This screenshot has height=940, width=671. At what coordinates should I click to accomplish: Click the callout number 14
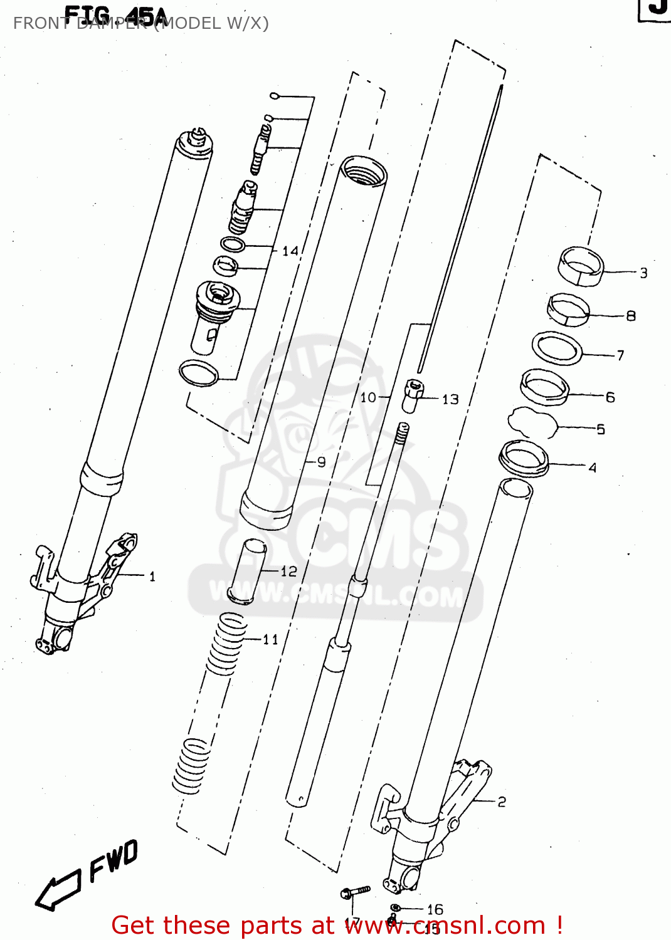tap(290, 251)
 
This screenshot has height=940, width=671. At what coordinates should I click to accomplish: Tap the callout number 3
tap(643, 273)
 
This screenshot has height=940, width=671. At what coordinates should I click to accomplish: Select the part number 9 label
tap(321, 462)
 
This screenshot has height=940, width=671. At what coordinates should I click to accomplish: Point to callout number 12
tap(288, 571)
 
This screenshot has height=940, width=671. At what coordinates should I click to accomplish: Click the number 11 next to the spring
tap(270, 639)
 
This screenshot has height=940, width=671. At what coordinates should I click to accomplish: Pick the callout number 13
tap(450, 399)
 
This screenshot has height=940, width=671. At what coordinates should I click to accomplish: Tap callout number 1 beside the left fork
tap(152, 576)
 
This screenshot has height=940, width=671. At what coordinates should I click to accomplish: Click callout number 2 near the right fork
tap(502, 802)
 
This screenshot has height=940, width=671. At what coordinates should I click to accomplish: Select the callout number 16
tap(435, 909)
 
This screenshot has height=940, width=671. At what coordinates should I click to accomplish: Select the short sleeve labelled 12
tap(248, 571)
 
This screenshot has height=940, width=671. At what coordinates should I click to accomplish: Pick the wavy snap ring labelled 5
tap(532, 423)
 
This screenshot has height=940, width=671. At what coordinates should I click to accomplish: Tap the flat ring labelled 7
tap(557, 348)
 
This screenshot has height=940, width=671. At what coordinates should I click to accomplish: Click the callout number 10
tap(367, 397)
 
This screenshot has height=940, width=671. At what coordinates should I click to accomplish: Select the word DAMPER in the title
tap(113, 23)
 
